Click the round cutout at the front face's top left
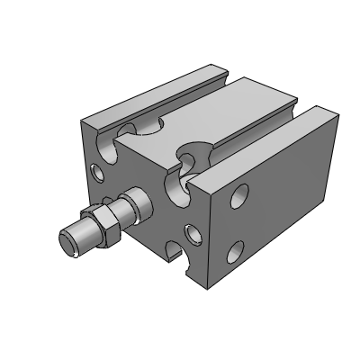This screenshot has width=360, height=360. coord(126,134)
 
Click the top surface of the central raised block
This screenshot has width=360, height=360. coord(207,117)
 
